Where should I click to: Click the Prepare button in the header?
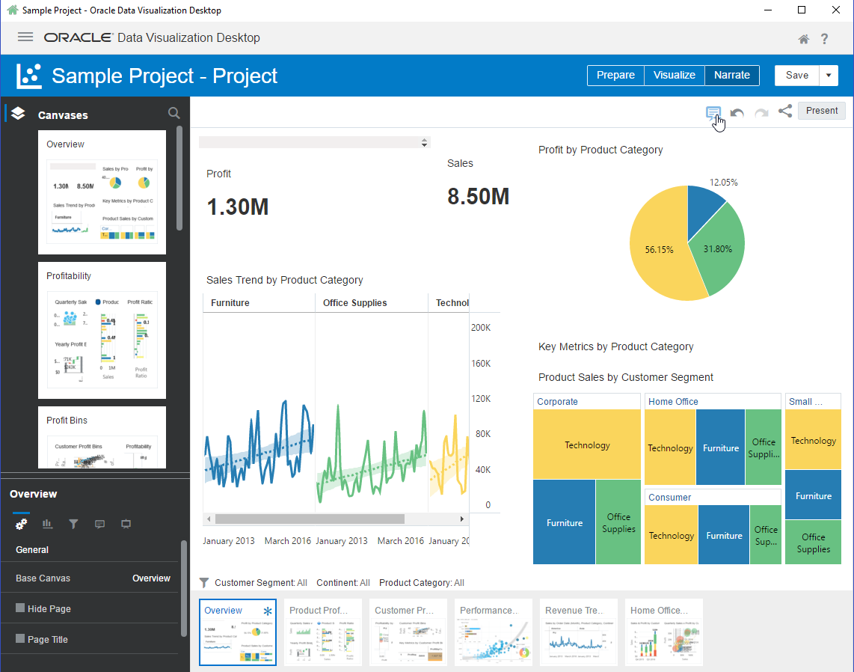point(615,75)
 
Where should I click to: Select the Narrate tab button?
point(731,75)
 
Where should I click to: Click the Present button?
point(821,111)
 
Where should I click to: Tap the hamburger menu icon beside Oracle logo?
point(25,37)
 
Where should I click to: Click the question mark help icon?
point(825,39)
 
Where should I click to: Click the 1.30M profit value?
point(238,207)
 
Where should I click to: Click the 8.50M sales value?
point(478,197)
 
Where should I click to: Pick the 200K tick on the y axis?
point(480,328)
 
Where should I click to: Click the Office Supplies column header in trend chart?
point(355,303)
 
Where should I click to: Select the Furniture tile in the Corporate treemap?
point(564,522)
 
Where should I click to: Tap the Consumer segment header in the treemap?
point(669,497)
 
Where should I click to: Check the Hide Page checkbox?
point(20,608)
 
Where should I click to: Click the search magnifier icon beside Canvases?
point(173,114)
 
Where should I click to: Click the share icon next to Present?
point(784,112)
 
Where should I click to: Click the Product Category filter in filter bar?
point(421,582)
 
